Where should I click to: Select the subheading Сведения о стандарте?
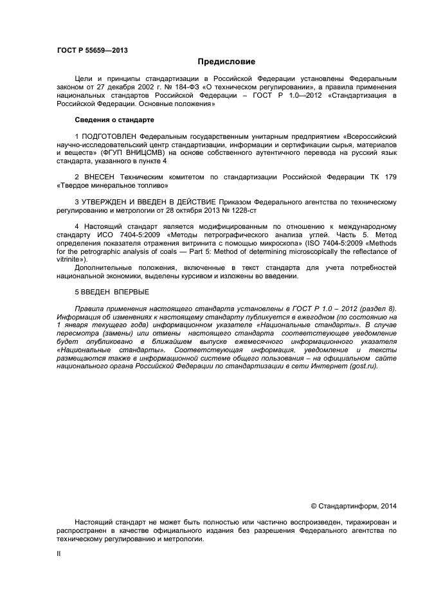coord(114,120)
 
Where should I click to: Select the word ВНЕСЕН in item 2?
coord(98,177)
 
